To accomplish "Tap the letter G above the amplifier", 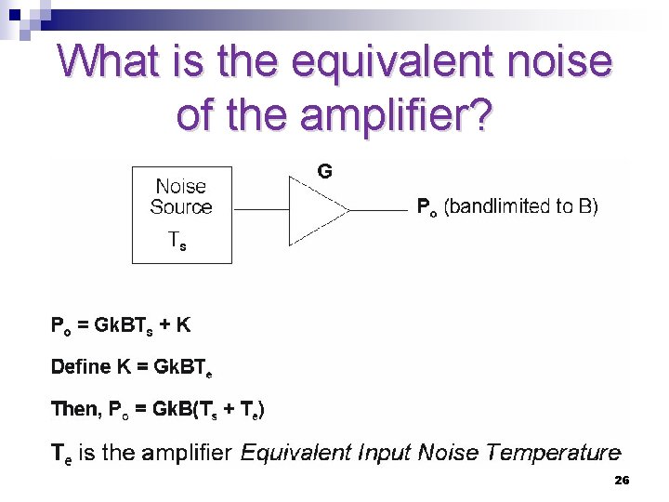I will coord(325,171).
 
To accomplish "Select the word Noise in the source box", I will coord(181,186).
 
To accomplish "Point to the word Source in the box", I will coord(181,206).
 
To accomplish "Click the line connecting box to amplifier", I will coord(261,210).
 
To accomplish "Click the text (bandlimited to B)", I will coord(521,205).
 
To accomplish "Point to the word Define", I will coord(81,366).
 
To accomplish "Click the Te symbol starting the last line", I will coord(61,454).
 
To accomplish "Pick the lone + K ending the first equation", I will coord(177,325).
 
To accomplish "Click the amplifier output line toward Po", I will coord(377,210).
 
